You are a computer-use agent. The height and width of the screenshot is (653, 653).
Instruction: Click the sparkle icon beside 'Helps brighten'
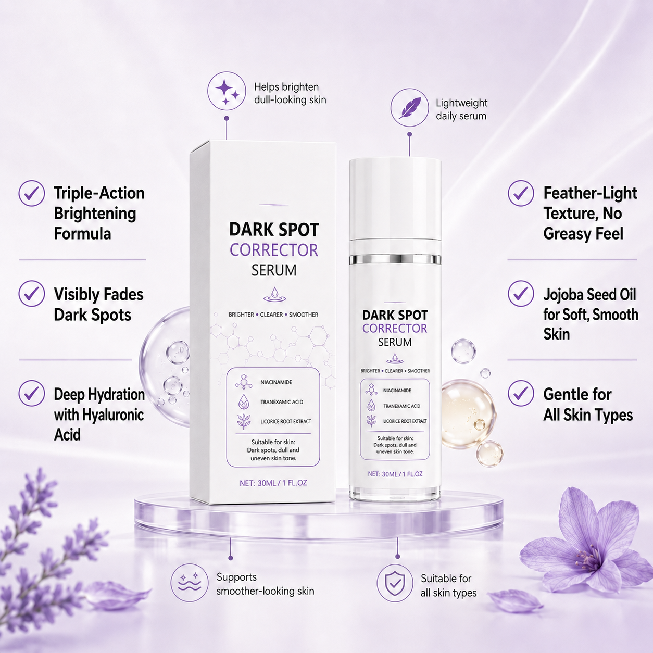227,91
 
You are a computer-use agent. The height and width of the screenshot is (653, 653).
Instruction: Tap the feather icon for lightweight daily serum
409,108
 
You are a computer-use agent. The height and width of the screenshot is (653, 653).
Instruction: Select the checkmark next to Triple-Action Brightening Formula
32,193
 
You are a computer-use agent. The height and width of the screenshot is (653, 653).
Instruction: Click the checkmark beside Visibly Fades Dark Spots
32,294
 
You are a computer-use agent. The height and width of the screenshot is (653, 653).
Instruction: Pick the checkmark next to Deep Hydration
32,393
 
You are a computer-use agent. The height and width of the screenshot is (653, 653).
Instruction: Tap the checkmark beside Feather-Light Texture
521,193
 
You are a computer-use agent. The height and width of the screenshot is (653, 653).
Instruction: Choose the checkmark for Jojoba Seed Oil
521,294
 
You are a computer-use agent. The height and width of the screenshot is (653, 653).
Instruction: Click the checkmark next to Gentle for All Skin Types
521,393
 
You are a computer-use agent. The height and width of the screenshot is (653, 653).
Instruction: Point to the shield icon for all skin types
395,583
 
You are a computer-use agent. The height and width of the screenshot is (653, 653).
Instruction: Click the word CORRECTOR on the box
274,250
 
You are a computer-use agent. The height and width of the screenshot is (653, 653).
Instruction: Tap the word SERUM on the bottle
395,342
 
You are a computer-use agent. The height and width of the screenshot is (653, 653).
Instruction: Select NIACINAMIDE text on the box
276,382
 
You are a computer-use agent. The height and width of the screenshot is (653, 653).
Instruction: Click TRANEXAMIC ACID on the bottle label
401,406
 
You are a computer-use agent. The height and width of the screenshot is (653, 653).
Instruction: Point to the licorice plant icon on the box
244,421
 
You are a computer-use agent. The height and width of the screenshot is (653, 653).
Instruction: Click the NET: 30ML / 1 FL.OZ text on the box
273,483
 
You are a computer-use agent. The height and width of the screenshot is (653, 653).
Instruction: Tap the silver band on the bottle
395,259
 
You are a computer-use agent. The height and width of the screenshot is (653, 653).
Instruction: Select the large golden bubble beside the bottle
468,414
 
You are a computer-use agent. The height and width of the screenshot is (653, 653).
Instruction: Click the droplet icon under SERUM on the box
274,295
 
